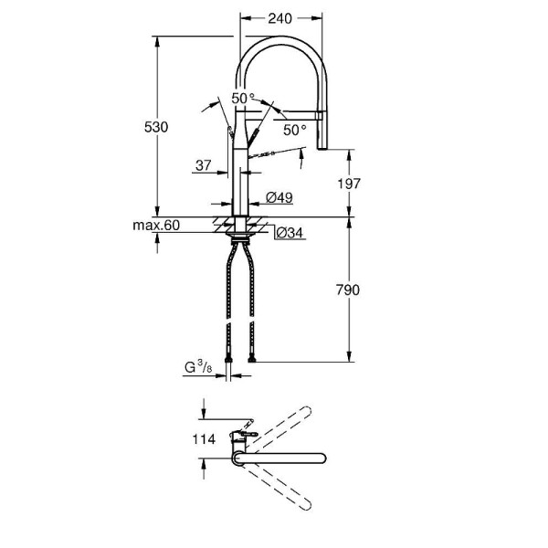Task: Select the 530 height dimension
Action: click(156, 128)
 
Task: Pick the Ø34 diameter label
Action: click(290, 233)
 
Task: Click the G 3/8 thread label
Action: click(196, 369)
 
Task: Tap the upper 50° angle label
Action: click(242, 98)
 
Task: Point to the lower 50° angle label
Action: click(294, 131)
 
